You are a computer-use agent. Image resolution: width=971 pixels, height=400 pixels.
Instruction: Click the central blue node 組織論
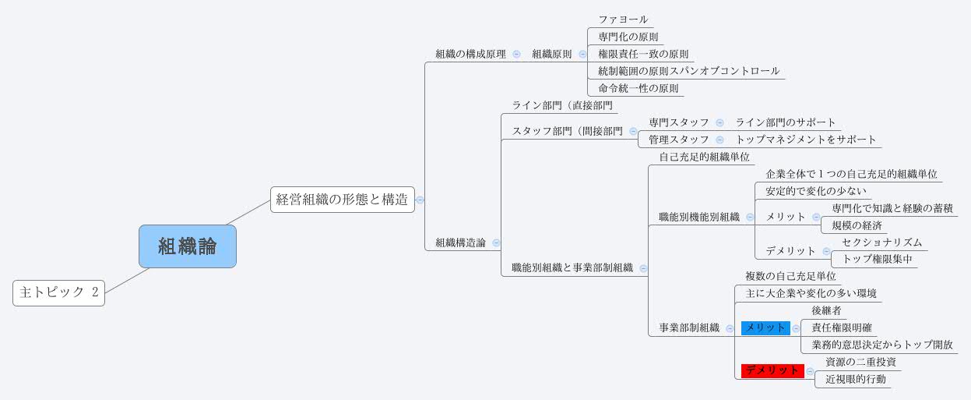coord(187,246)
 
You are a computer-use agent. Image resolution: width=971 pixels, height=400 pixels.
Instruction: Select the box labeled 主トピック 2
coord(58,293)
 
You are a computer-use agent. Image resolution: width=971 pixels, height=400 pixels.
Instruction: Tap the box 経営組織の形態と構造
coord(342,199)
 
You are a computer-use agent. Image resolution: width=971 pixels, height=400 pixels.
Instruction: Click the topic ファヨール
coord(623,19)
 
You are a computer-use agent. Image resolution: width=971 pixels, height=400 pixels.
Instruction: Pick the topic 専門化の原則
coord(628,37)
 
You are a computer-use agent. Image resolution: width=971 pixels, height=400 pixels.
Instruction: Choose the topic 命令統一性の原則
coord(638,88)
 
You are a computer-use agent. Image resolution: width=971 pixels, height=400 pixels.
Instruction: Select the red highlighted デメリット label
coord(772,371)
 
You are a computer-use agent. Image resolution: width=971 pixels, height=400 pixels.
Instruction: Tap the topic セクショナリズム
coord(881,242)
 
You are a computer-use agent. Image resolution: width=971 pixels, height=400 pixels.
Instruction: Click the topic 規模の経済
coord(857,225)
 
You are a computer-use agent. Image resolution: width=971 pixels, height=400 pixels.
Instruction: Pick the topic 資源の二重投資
coord(860,363)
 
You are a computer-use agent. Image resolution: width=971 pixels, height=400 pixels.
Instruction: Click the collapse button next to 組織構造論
coord(496,243)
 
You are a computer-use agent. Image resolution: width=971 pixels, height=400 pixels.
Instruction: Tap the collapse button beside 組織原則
coord(582,55)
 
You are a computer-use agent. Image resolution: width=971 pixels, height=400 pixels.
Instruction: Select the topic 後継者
coord(826,311)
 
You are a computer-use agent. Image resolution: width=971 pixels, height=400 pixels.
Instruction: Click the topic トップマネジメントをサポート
coord(806,140)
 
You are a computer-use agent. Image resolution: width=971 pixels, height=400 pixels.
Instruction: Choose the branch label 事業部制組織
coord(689,328)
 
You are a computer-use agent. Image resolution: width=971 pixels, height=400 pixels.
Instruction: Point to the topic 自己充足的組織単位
coord(704,158)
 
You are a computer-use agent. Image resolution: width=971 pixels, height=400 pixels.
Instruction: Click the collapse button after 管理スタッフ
coord(719,140)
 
